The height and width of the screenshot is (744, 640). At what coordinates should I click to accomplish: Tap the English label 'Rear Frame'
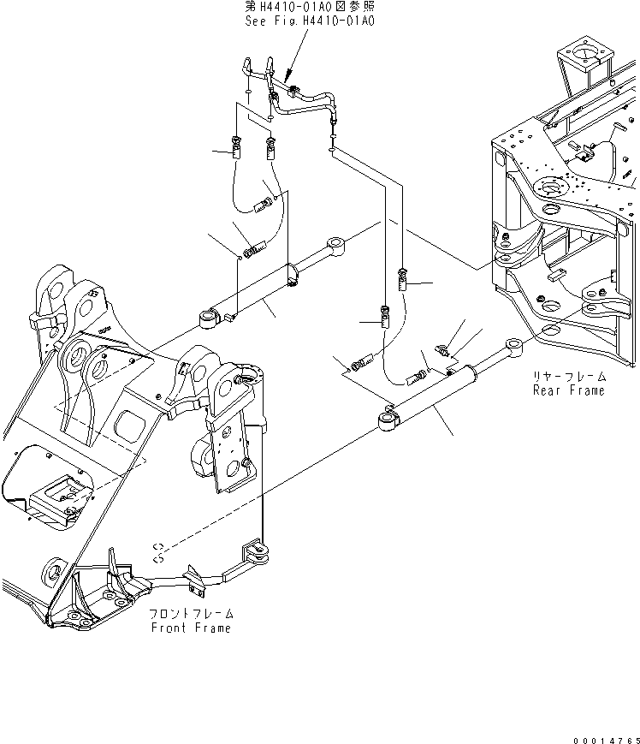[568, 390]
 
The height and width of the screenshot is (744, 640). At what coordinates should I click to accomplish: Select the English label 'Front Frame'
[190, 628]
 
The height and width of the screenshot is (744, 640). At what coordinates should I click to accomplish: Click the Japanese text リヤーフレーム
[568, 377]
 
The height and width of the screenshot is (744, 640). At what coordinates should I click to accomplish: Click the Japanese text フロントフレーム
[190, 614]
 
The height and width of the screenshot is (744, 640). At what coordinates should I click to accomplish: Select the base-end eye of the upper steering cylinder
[208, 319]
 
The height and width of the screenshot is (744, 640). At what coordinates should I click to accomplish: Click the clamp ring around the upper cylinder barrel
[293, 275]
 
